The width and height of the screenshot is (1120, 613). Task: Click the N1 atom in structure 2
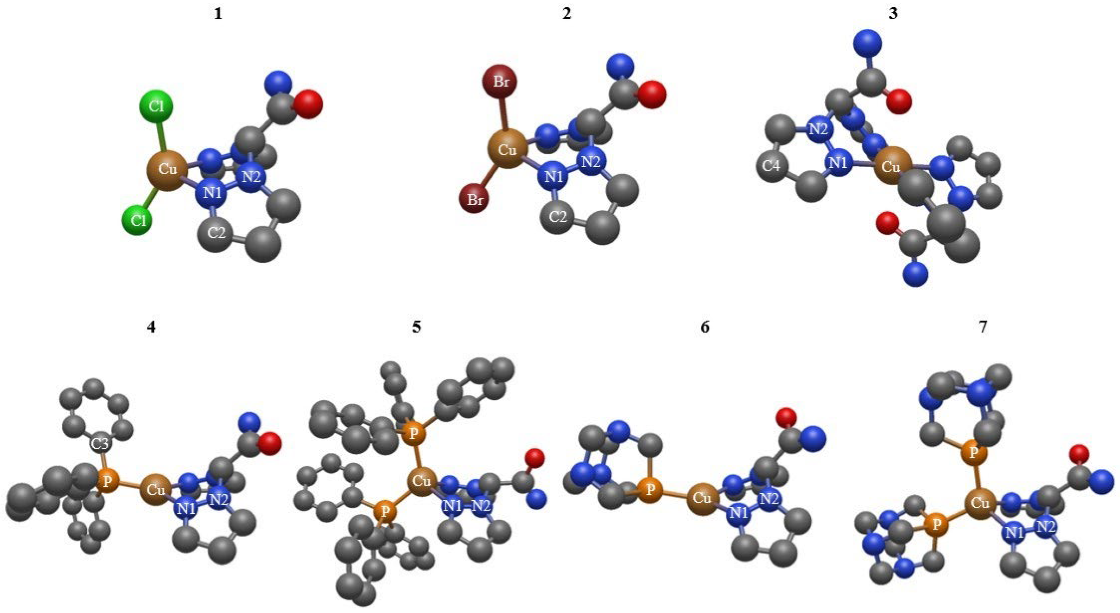(554, 177)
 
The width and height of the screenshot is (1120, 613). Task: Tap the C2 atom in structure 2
(559, 216)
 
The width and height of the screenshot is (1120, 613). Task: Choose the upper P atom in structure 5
(414, 432)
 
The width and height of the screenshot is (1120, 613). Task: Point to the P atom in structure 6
(651, 489)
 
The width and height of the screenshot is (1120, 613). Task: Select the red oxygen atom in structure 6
(786, 418)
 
